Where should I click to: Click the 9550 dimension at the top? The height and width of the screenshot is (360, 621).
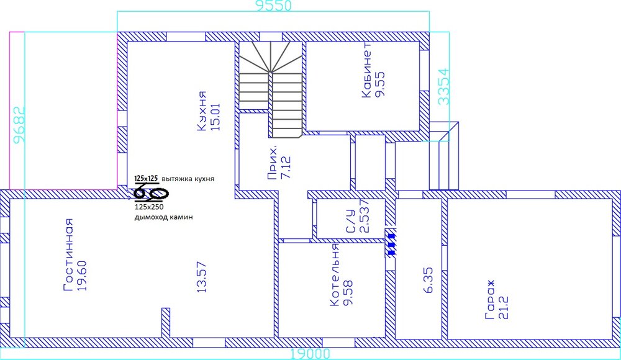tap(274, 6)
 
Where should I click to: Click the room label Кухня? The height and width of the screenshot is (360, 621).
tap(202, 112)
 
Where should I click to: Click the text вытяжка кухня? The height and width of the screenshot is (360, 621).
tap(188, 179)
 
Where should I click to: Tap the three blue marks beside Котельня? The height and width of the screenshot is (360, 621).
tap(391, 243)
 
